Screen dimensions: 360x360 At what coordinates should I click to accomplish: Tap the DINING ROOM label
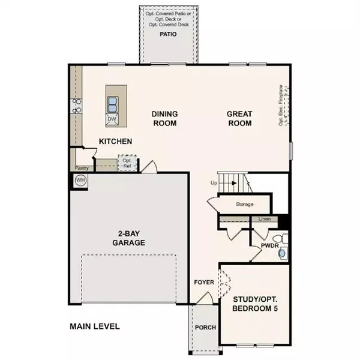click(x=164, y=118)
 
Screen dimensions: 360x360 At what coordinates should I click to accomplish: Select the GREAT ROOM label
click(x=239, y=118)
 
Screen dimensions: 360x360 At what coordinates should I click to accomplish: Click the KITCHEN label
click(x=115, y=142)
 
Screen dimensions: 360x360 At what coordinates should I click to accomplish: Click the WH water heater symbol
click(x=79, y=179)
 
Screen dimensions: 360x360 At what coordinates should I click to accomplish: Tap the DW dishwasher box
click(x=112, y=119)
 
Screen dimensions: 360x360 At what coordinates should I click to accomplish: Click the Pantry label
click(x=82, y=169)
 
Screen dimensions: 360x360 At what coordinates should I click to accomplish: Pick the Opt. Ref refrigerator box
click(x=127, y=163)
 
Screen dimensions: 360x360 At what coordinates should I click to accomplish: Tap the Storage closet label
click(x=244, y=205)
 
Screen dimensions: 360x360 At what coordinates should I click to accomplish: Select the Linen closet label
click(x=265, y=220)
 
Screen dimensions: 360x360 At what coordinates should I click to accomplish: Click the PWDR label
click(x=268, y=246)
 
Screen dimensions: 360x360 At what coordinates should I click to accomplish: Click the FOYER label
click(x=204, y=282)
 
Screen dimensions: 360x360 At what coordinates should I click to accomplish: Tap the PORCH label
click(x=205, y=328)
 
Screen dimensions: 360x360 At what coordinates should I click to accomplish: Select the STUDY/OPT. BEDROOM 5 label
click(x=255, y=304)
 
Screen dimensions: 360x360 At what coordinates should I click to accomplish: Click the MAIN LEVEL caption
click(x=94, y=327)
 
